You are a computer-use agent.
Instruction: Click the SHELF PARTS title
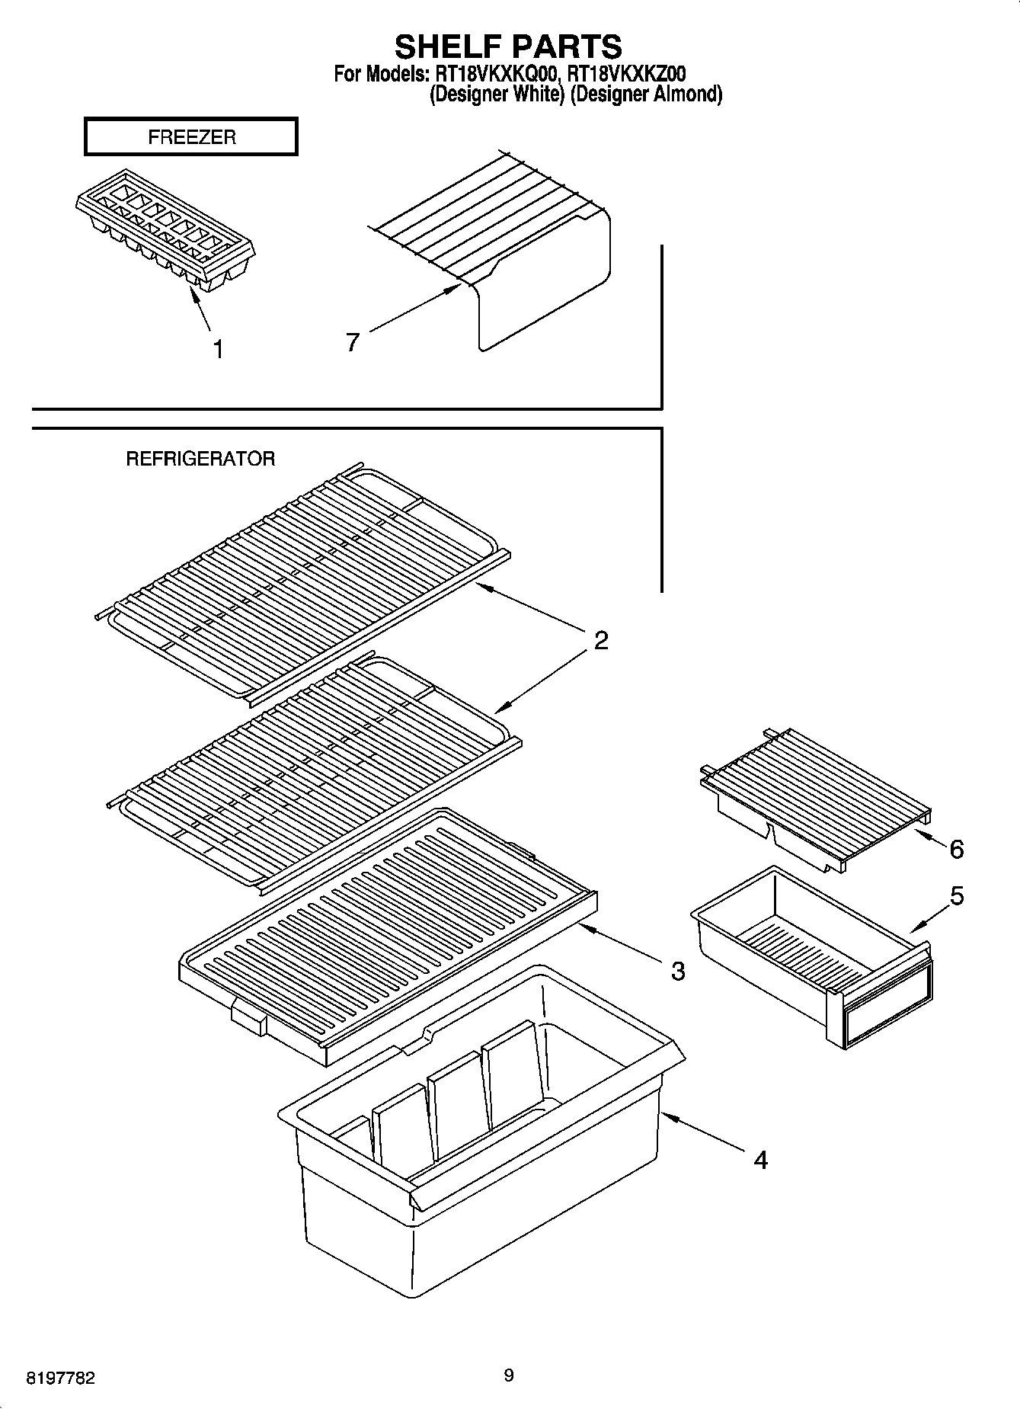pos(508,46)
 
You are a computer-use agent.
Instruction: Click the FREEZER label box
pos(191,137)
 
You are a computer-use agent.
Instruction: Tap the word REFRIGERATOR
pos(200,459)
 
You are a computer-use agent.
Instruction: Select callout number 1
pos(219,350)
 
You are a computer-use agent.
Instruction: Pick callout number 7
pos(352,343)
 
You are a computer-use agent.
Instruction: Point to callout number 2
pos(601,640)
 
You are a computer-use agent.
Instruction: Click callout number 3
pos(677,971)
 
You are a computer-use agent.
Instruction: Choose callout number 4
pos(760,1160)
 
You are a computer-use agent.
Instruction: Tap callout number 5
pos(957,896)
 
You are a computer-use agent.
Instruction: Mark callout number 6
pos(957,849)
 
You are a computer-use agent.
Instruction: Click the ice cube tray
pos(165,229)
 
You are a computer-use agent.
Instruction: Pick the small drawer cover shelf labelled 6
pos(815,796)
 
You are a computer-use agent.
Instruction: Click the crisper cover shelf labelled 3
pos(388,930)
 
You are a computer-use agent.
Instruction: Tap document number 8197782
pos(61,1378)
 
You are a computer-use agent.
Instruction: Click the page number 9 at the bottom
pos(509,1375)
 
